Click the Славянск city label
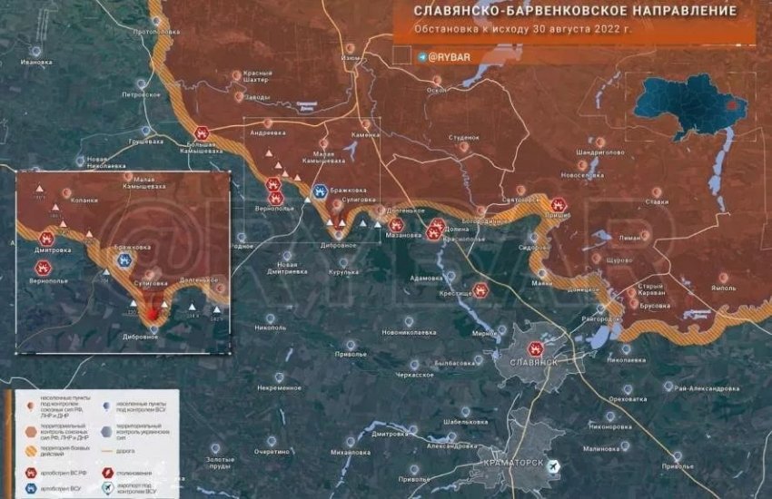pos(534,362)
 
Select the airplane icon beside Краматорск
pos(554,465)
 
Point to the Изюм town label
pos(351,58)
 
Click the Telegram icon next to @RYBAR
pos(422,56)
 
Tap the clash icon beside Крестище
pos(480,291)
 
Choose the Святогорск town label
pos(521,200)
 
